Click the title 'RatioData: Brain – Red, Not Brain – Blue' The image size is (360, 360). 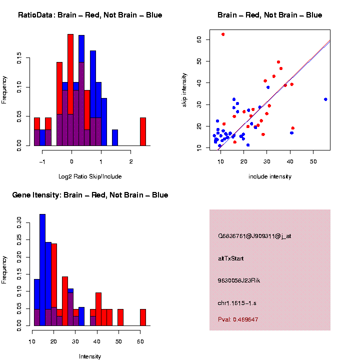(x=90, y=15)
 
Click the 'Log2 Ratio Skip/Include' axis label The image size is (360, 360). (x=90, y=176)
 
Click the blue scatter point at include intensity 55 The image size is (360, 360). (x=325, y=99)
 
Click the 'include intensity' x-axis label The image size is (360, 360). (x=270, y=176)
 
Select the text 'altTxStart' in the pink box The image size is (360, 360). (x=231, y=258)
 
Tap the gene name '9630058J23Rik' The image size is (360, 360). (x=239, y=280)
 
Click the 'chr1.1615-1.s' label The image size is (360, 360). (x=237, y=303)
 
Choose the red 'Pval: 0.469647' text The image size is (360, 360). (x=238, y=319)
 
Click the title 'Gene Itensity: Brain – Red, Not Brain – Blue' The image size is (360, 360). (x=90, y=195)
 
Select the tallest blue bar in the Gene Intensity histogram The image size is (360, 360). (x=42, y=270)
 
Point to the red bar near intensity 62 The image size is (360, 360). (x=143, y=317)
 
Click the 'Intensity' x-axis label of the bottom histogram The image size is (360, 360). (x=90, y=356)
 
